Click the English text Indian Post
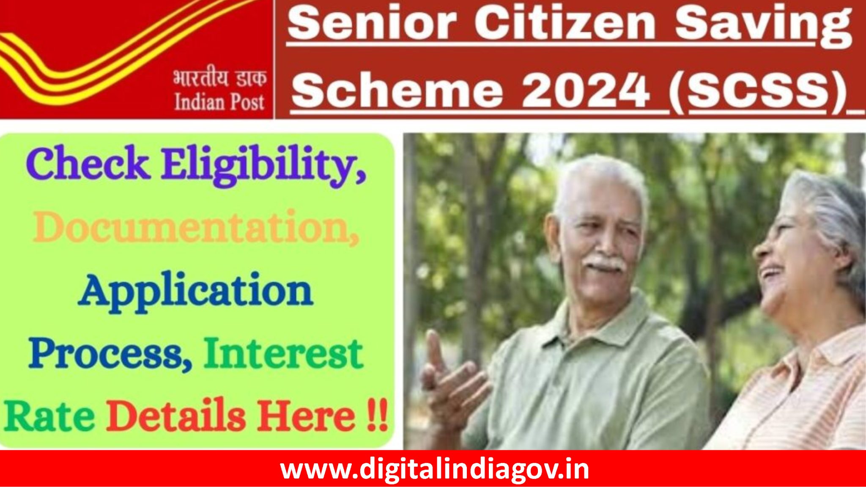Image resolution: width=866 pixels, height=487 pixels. [219, 102]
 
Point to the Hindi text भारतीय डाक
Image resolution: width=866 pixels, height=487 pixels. [219, 79]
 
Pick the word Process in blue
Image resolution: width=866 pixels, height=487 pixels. [111, 354]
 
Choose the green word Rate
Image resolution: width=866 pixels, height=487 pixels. [49, 417]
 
